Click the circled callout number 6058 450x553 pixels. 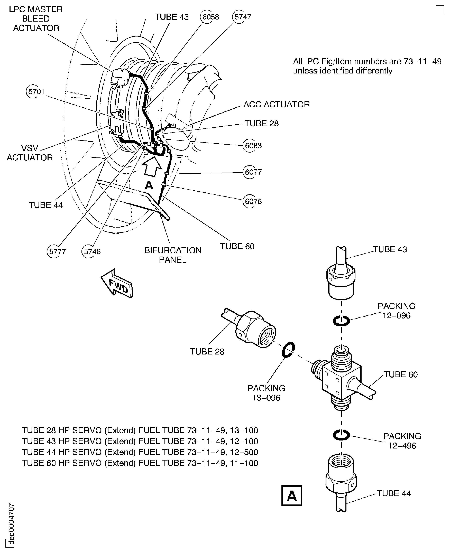point(210,17)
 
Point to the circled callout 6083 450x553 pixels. point(253,146)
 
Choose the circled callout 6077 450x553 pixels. point(253,172)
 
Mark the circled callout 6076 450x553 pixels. point(253,201)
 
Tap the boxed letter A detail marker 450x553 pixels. point(292,496)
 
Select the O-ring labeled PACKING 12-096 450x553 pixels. point(341,321)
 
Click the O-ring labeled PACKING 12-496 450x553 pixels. point(341,436)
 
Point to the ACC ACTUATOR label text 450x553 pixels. point(276,104)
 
